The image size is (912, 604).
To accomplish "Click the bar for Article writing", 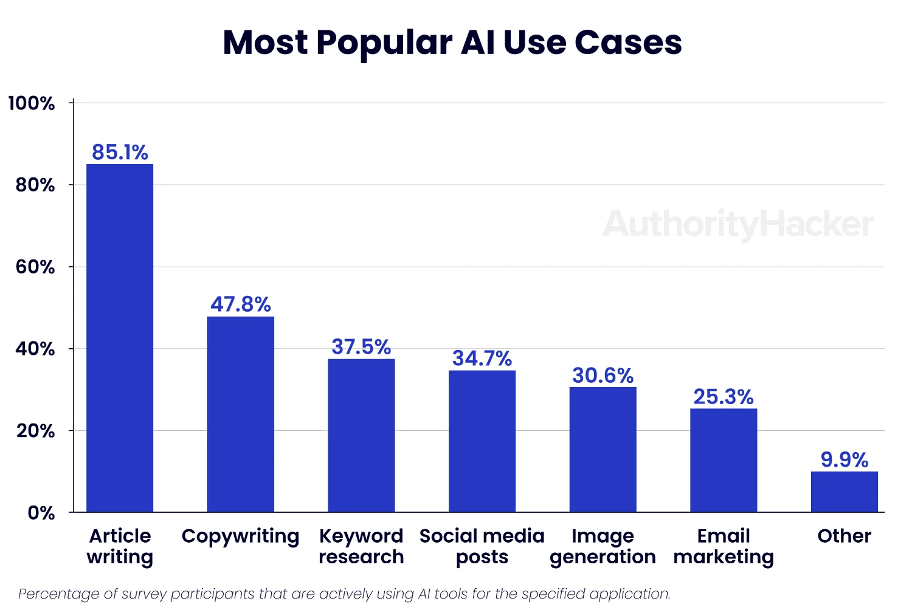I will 120,338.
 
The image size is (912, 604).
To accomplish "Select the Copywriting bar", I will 241,414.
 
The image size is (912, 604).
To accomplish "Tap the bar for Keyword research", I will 361,435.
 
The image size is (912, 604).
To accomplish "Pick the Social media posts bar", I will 482,441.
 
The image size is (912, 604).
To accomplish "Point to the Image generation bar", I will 603,449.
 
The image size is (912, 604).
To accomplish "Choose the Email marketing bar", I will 724,460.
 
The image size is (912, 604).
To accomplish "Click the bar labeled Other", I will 844,492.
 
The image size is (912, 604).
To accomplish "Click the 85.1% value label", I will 120,152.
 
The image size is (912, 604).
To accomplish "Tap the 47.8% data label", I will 241,304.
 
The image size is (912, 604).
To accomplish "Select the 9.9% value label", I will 844,459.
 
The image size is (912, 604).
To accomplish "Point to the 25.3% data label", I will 724,397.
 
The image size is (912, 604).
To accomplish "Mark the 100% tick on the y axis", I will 32,103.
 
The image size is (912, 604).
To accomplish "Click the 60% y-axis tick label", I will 35,267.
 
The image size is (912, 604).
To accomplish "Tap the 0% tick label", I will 41,513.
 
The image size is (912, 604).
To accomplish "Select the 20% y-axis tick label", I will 35,431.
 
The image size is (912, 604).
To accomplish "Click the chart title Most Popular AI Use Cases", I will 452,43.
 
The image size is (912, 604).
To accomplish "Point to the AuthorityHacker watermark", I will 738,224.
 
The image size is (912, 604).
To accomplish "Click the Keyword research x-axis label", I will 361,546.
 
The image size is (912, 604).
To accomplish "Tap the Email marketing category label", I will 724,546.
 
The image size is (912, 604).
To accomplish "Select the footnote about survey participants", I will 344,594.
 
